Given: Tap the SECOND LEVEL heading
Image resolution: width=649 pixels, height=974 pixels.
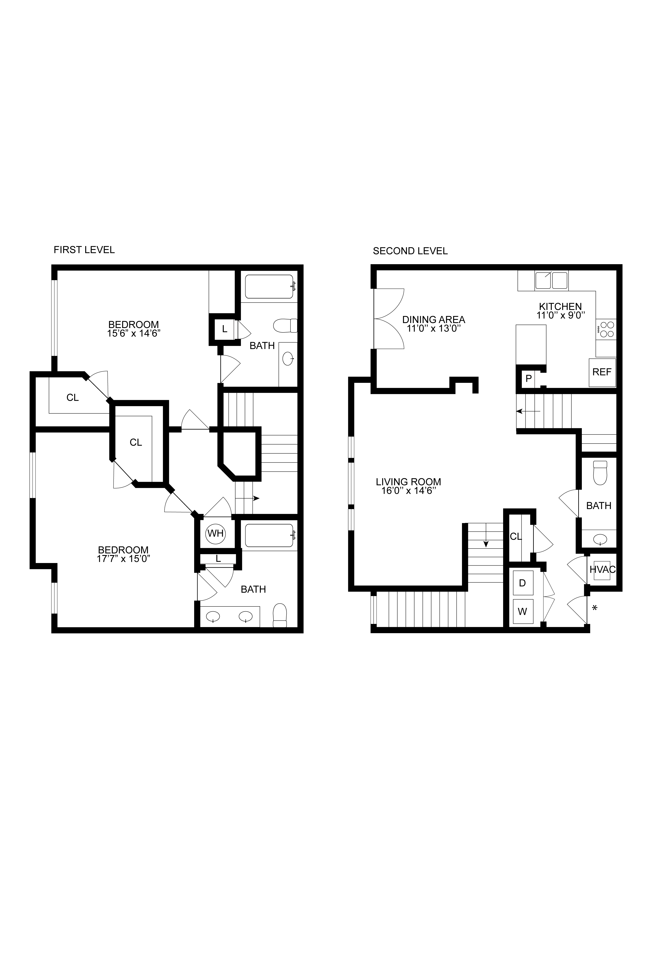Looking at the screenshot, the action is click(410, 251).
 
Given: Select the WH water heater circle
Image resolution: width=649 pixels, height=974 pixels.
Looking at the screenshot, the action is click(215, 533).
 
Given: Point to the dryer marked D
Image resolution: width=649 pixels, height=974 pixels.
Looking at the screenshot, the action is click(522, 583).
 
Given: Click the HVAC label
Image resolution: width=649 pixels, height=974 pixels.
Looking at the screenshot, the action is click(602, 569).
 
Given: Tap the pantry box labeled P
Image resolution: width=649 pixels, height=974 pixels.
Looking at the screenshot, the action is click(529, 378).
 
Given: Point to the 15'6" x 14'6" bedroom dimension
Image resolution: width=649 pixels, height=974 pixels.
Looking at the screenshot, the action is click(133, 333).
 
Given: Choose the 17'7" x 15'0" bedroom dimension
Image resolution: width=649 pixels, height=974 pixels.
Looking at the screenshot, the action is click(123, 559).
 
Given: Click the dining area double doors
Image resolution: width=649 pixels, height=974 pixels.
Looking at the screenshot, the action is click(389, 318).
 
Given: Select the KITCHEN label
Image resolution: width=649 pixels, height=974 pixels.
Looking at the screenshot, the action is click(560, 306).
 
